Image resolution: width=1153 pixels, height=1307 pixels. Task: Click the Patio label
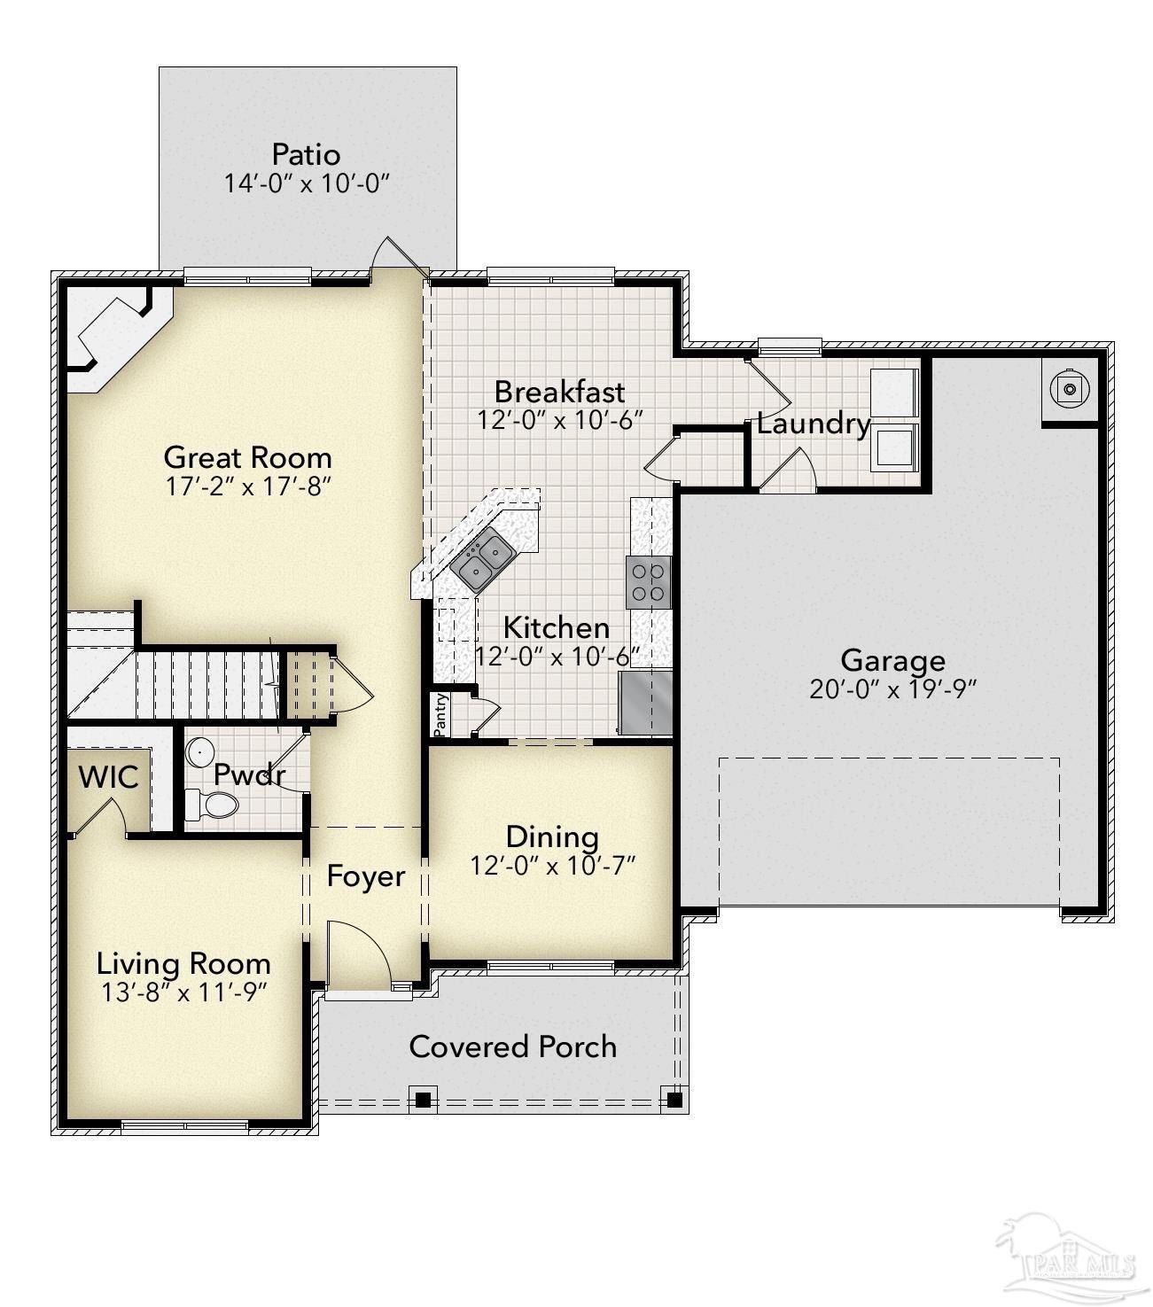pyautogui.click(x=306, y=154)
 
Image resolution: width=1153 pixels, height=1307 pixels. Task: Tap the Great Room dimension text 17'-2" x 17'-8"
pyautogui.click(x=248, y=486)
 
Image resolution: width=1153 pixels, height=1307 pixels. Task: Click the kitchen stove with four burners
pyautogui.click(x=648, y=582)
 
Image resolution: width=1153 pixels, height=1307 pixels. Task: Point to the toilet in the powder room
pyautogui.click(x=214, y=805)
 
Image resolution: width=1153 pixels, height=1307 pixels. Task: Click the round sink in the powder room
pyautogui.click(x=199, y=752)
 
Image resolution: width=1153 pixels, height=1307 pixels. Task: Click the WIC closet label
pyautogui.click(x=108, y=777)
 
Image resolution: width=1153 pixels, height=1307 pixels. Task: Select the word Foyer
pyautogui.click(x=365, y=876)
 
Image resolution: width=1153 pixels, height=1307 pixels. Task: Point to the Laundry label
pyautogui.click(x=813, y=424)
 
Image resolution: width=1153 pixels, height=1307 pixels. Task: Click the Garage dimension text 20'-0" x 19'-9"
pyautogui.click(x=892, y=689)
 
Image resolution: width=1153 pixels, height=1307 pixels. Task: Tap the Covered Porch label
pyautogui.click(x=512, y=1046)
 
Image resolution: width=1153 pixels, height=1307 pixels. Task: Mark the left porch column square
pyautogui.click(x=424, y=1100)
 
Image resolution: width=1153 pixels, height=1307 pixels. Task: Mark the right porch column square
pyautogui.click(x=674, y=1100)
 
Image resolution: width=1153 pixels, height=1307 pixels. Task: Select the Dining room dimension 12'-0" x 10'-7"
pyautogui.click(x=553, y=866)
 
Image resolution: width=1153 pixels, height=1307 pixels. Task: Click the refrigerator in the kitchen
pyautogui.click(x=645, y=703)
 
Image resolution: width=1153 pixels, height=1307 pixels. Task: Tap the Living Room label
pyautogui.click(x=183, y=963)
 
